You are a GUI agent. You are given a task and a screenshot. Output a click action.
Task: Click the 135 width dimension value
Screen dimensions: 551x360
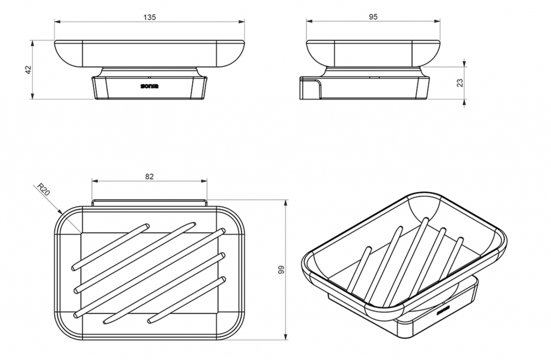click(150, 17)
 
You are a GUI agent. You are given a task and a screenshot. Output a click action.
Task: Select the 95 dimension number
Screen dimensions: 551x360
click(373, 17)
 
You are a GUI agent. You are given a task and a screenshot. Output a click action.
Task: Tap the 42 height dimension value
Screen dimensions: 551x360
click(29, 69)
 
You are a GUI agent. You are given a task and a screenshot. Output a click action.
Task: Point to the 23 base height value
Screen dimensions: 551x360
click(460, 83)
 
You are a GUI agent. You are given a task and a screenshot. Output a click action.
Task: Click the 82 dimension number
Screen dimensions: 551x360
click(150, 177)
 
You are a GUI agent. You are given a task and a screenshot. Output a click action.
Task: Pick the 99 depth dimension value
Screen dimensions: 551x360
click(281, 270)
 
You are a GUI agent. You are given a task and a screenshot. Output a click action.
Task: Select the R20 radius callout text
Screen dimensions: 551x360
click(44, 189)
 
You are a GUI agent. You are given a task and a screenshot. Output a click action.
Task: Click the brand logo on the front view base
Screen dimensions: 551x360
click(150, 86)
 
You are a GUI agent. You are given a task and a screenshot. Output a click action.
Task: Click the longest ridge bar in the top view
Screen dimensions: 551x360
click(150, 273)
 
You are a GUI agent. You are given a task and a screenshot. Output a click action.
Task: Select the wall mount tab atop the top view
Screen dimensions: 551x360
click(150, 203)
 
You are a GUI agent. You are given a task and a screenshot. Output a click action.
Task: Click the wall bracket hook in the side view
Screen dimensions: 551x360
click(310, 88)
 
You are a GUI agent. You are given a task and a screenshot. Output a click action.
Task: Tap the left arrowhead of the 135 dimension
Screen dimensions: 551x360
click(57, 22)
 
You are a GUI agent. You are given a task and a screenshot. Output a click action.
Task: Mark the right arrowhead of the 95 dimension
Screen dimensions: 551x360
click(437, 22)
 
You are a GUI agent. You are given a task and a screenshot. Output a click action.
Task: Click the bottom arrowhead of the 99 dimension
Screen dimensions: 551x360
click(286, 337)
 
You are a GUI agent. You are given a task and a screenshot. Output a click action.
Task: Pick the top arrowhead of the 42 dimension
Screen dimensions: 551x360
click(32, 44)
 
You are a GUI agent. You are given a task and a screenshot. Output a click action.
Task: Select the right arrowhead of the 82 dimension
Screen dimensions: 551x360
click(204, 181)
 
